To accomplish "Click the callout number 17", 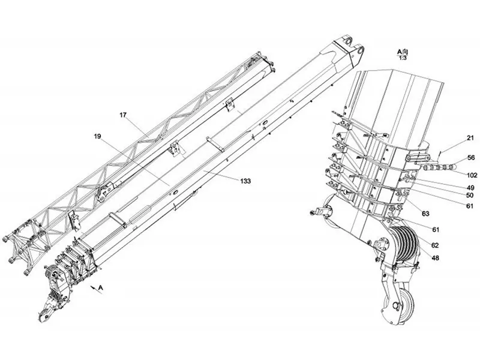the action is coord(123,115).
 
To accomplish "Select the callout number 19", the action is coord(97,136).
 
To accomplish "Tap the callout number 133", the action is coord(245,181).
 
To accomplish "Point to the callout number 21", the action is coord(470,139).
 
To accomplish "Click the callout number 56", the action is coord(472,158).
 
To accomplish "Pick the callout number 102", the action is coord(472,175).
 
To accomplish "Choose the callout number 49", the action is coord(470,188).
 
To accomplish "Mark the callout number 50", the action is coord(470,196).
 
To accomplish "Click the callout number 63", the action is coord(426,214).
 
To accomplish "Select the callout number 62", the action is coord(435,245).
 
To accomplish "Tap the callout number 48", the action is coord(435,258).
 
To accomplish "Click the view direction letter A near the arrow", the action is coord(101,287).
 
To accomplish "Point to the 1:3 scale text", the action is coord(403,58).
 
